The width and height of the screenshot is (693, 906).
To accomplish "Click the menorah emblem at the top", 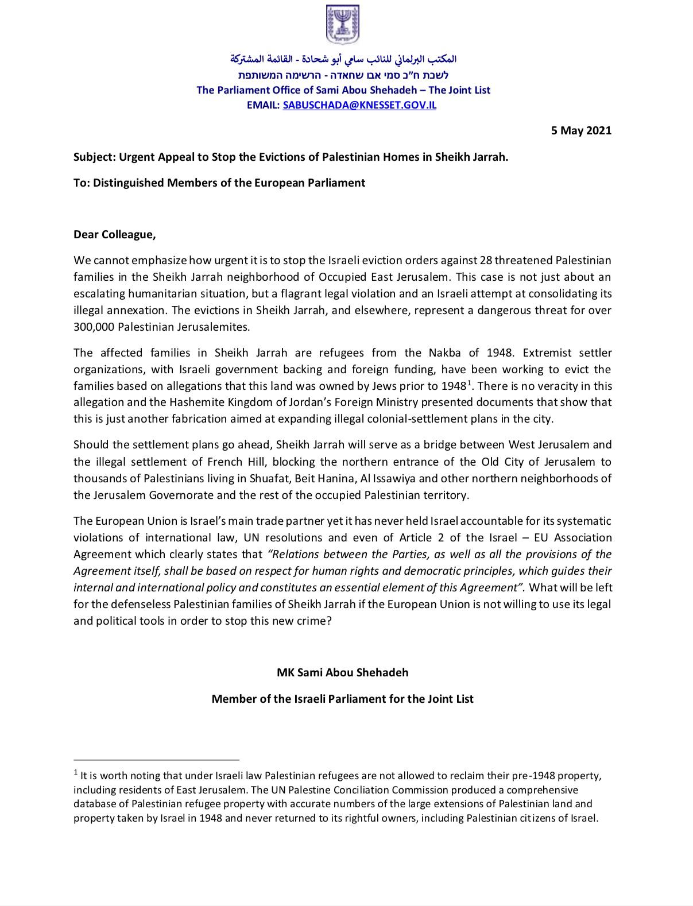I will [x=343, y=25].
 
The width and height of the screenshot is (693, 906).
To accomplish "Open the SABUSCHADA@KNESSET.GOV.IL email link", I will [x=359, y=106].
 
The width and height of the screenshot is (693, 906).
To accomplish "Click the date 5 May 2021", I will [x=581, y=130].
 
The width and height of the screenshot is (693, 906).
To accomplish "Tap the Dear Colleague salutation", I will [x=115, y=234].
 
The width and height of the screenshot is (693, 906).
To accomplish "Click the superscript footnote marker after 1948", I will [x=469, y=382].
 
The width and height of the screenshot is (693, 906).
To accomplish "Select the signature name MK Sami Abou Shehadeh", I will [x=343, y=672].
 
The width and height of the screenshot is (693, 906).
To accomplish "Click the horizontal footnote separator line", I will [x=156, y=759].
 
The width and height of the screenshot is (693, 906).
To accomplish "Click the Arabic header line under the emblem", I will [x=343, y=59].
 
